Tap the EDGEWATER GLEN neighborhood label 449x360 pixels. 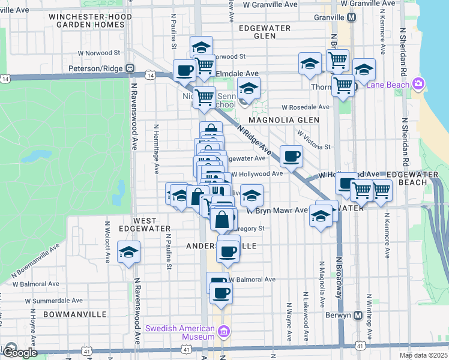tap(265, 32)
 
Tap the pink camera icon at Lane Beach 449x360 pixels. tap(418, 84)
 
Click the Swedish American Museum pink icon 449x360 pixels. tap(224, 331)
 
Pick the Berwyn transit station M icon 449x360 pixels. tap(358, 315)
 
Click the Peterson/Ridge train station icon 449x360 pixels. tap(129, 68)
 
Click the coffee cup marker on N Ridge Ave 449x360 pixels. tap(292, 157)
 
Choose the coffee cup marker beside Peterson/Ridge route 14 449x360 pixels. tap(184, 71)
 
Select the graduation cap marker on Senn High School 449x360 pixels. tap(249, 89)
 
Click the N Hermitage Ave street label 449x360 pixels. tap(155, 142)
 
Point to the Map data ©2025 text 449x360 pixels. tap(423, 355)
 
